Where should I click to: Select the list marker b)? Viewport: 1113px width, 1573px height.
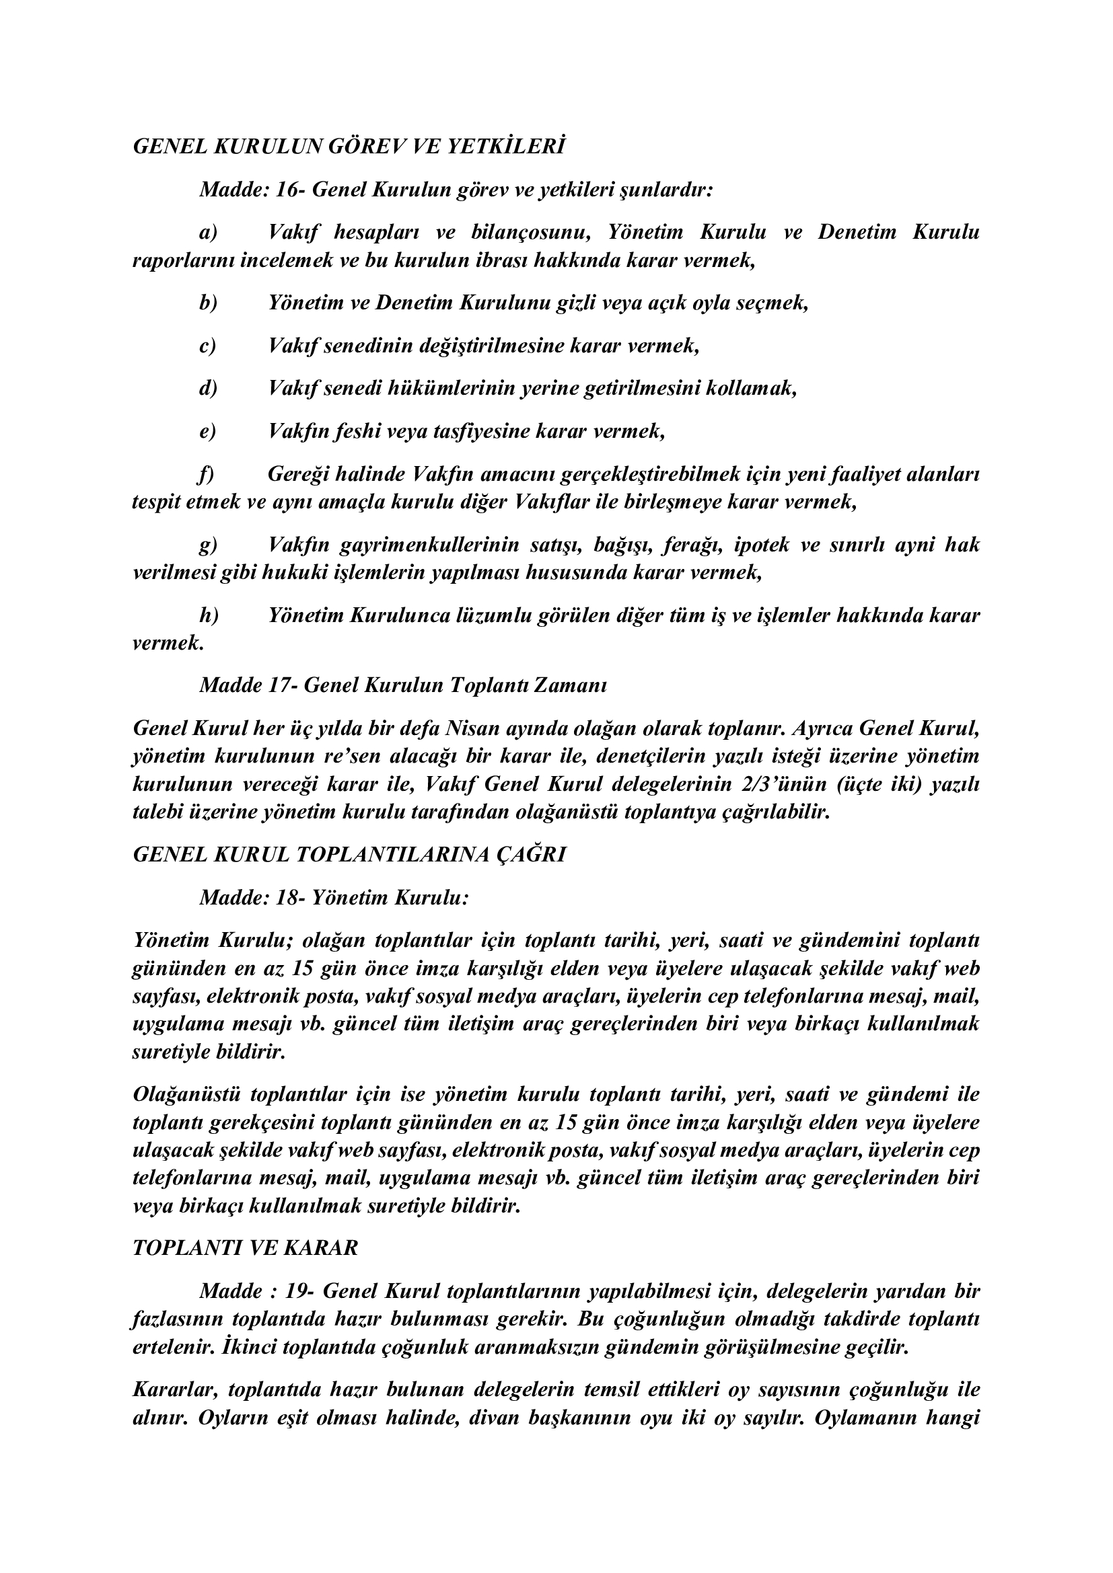tap(208, 303)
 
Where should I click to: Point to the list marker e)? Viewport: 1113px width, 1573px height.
tap(207, 432)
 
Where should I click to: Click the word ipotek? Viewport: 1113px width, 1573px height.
tap(760, 545)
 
